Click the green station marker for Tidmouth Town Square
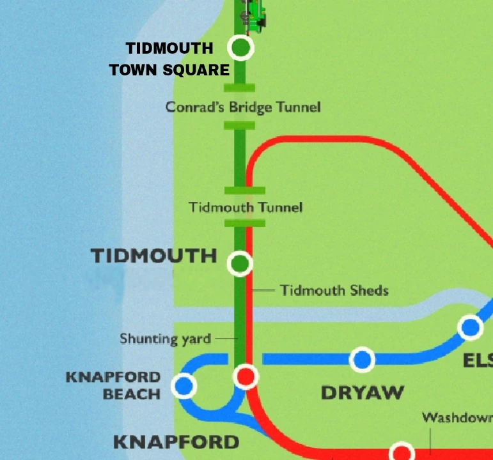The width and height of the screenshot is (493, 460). click(240, 47)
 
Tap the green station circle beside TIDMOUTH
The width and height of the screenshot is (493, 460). click(240, 263)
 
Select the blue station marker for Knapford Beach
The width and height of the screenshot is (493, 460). click(184, 385)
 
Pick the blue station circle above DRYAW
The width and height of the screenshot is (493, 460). click(362, 360)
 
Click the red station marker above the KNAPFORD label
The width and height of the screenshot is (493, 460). click(246, 376)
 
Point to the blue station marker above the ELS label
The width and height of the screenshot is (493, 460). click(471, 328)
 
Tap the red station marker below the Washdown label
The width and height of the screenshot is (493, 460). click(402, 452)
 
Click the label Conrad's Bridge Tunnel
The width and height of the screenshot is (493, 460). click(243, 107)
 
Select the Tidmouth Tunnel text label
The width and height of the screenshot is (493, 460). click(246, 207)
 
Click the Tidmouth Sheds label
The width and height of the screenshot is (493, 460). click(334, 291)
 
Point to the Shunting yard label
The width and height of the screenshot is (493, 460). click(165, 338)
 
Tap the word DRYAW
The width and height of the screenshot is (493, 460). click(362, 392)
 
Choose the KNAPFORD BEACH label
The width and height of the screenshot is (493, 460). click(113, 385)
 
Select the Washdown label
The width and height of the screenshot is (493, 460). click(457, 418)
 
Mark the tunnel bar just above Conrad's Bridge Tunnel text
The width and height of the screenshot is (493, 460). click(240, 88)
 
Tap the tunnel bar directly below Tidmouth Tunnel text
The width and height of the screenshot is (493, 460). click(244, 223)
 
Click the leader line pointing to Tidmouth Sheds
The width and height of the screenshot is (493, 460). click(263, 291)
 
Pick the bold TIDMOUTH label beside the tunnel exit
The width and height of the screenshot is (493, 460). click(153, 256)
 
